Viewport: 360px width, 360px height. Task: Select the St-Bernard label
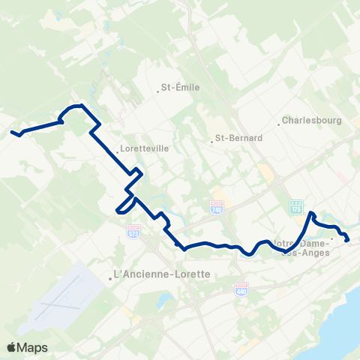[x=238, y=138]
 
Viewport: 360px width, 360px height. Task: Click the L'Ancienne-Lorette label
[x=161, y=274]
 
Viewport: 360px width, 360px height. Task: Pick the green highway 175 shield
[x=296, y=205]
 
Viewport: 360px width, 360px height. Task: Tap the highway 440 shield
[x=241, y=289]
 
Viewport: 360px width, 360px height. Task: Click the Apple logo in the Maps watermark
[x=12, y=347]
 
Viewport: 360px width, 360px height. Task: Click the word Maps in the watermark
[x=33, y=347]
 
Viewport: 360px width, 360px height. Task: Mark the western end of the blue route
[x=12, y=133]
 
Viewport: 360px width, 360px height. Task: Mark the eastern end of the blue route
[x=349, y=240]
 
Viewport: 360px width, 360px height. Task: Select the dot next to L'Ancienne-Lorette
[x=111, y=278]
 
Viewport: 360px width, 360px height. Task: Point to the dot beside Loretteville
[x=116, y=152]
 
